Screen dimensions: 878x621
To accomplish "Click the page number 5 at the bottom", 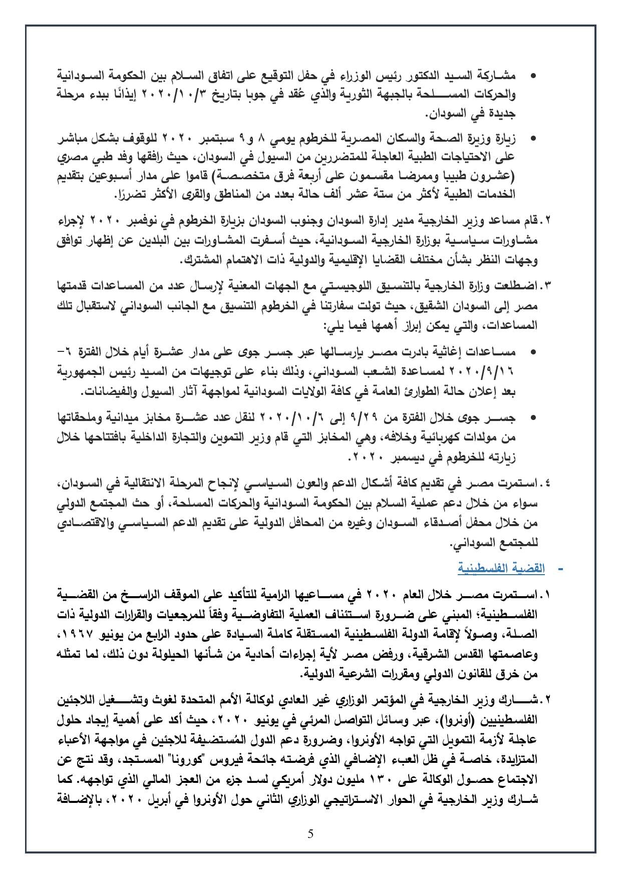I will coord(310,834).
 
